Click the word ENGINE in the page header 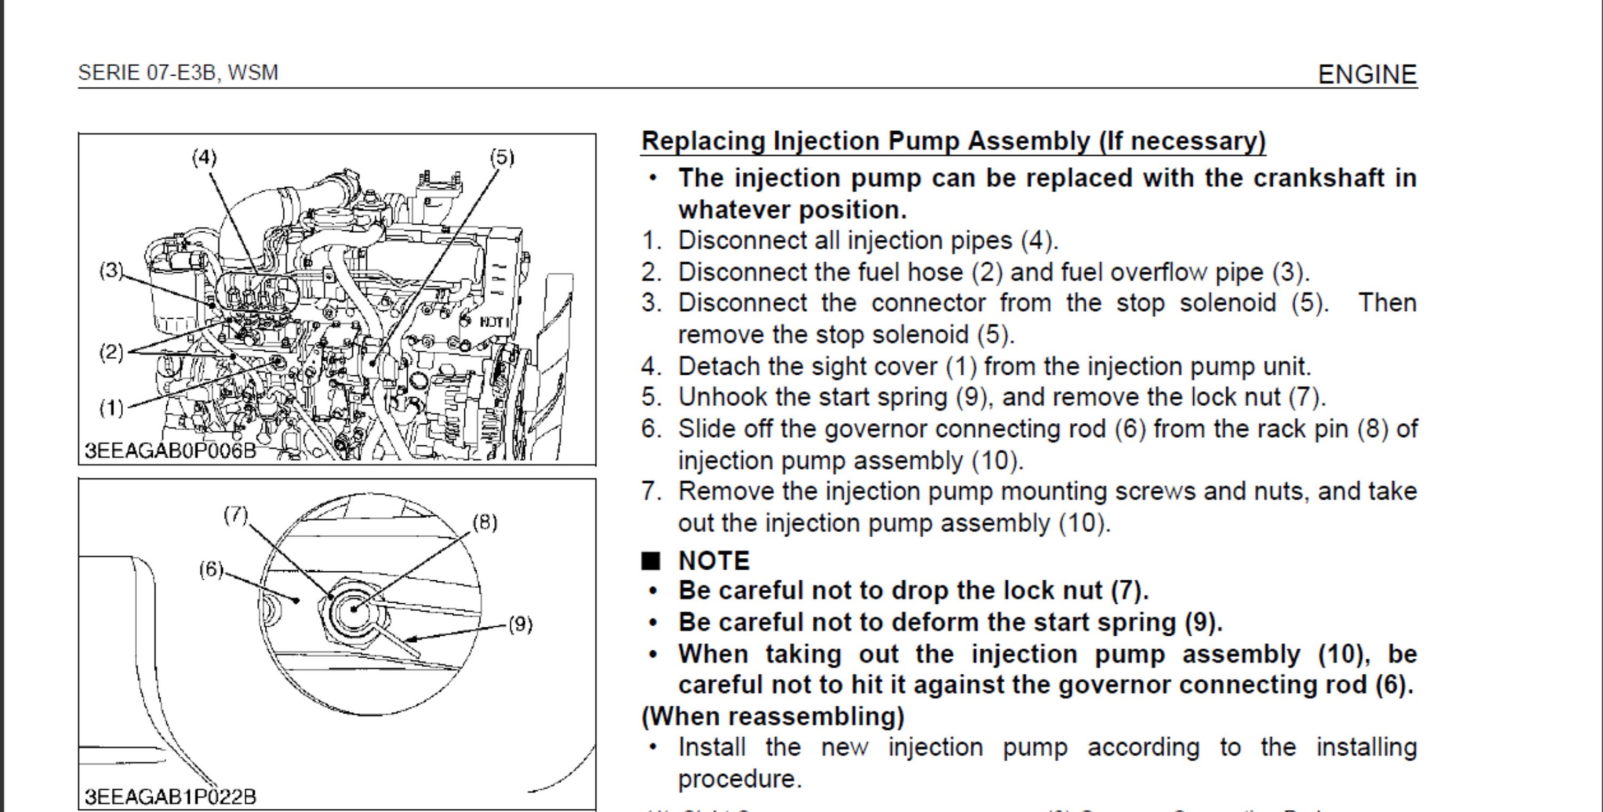click(x=1367, y=75)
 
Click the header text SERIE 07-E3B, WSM click(x=178, y=73)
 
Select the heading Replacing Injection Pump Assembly click(x=953, y=141)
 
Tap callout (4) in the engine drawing click(x=204, y=157)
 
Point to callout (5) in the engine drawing click(x=502, y=157)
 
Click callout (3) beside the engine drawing click(x=111, y=271)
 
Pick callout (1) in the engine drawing click(x=111, y=408)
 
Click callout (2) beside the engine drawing click(x=111, y=352)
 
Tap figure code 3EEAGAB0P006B click(x=170, y=450)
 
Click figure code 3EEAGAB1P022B click(x=170, y=797)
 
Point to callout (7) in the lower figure click(x=236, y=515)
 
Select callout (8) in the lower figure click(x=485, y=522)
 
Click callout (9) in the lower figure click(x=520, y=624)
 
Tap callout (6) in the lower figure click(x=211, y=569)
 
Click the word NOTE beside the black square click(x=714, y=561)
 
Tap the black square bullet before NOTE click(x=650, y=561)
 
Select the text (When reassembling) click(x=772, y=716)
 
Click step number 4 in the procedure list click(x=650, y=366)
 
